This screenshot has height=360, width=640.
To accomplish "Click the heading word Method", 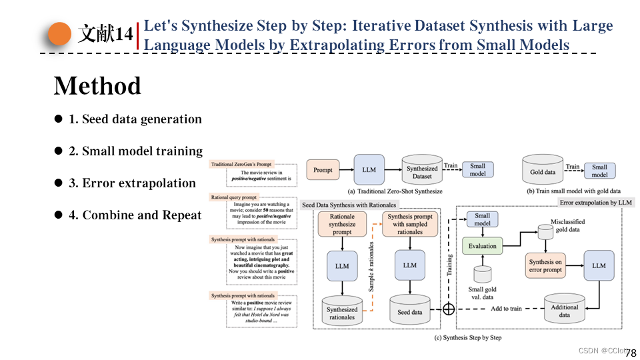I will (97, 86).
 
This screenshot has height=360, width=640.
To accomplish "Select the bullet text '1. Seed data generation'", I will (135, 119).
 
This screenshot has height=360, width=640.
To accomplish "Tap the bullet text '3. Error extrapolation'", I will (132, 183).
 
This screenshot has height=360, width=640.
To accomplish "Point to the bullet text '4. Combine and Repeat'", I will (135, 215).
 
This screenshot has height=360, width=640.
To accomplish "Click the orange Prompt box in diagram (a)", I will (323, 170).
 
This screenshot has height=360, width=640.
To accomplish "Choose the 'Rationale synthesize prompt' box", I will (342, 225).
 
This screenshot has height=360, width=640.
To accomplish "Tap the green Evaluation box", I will (482, 246).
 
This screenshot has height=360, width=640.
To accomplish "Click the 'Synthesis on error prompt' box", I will (545, 266).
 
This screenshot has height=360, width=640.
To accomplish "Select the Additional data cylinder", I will (564, 309).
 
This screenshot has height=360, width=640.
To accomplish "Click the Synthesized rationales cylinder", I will (342, 310).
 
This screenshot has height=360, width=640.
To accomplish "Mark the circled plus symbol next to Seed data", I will (449, 309).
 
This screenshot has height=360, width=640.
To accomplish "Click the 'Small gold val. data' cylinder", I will (482, 277).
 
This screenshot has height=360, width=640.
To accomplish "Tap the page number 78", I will (630, 353).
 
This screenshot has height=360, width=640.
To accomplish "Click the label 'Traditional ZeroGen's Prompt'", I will (241, 164).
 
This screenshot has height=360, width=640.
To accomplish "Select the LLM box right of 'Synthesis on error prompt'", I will (599, 265).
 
